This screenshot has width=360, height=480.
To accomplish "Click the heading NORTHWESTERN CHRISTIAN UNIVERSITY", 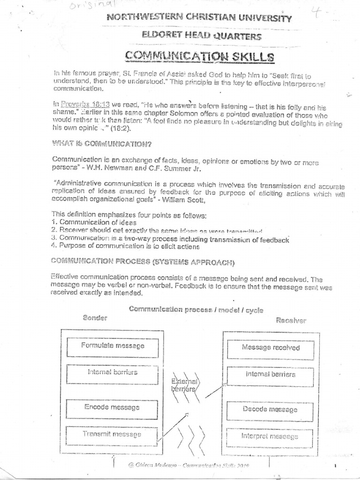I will tap(199, 19).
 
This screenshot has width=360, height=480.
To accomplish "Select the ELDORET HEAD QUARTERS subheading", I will tap(199, 36).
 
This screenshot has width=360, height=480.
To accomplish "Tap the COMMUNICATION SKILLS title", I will tap(199, 57).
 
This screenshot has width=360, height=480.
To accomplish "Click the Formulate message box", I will tap(113, 346).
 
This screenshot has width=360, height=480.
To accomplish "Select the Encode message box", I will tap(113, 407).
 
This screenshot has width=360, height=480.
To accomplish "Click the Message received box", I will tap(270, 348).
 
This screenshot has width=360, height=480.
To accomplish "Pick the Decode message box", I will tap(270, 409).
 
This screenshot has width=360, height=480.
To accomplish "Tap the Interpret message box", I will tap(270, 436).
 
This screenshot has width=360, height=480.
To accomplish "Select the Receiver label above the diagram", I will tap(291, 321).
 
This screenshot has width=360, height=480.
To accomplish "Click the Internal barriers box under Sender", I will tap(113, 372).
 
